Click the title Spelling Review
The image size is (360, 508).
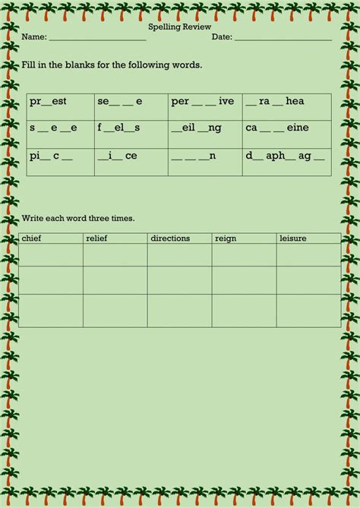tap(179, 27)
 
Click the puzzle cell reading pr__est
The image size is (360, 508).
tap(48, 102)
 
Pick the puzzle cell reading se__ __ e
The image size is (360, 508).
tap(119, 102)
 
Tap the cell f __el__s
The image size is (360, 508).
tap(119, 128)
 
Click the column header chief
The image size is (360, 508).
tap(32, 238)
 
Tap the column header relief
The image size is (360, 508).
tap(97, 238)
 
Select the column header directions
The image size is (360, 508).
tap(170, 238)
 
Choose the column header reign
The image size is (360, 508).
tap(226, 238)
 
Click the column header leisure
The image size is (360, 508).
tap(293, 238)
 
